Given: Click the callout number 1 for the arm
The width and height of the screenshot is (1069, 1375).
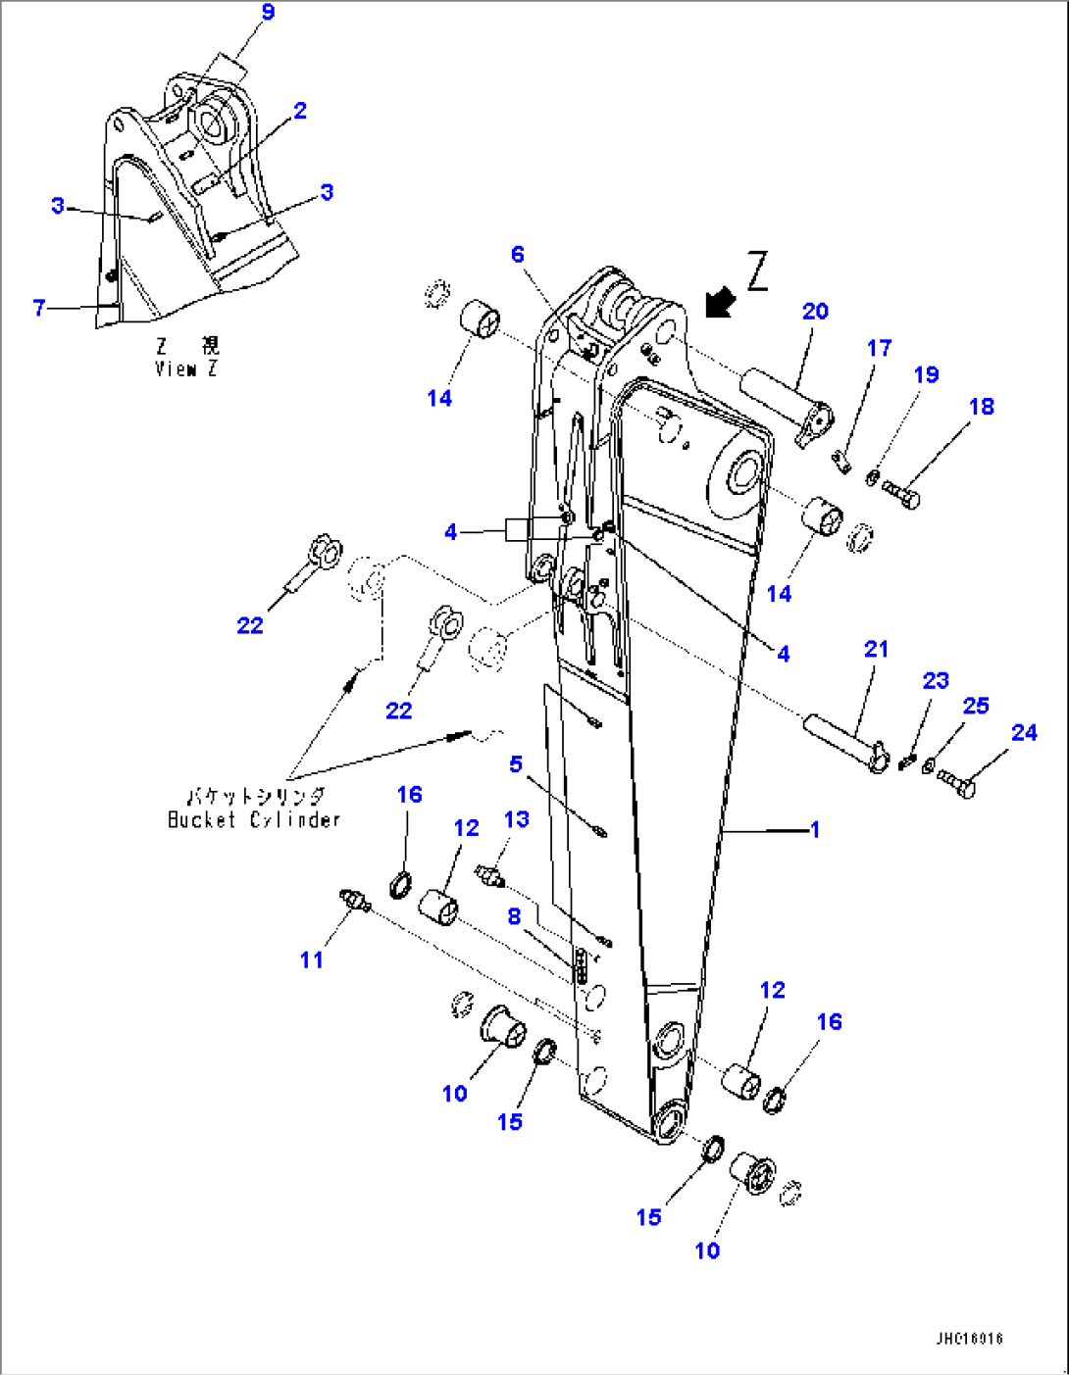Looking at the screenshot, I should point(814,830).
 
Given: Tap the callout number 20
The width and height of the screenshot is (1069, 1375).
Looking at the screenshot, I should point(815,312).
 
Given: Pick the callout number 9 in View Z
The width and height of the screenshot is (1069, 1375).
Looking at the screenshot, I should point(268,13).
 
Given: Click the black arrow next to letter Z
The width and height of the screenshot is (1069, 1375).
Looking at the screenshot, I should point(721,302).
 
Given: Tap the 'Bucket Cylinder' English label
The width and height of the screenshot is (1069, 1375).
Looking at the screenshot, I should point(254,820).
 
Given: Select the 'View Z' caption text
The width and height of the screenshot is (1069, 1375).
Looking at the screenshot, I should point(186,369).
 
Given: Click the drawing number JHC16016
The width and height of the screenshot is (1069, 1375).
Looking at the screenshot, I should point(969,1339).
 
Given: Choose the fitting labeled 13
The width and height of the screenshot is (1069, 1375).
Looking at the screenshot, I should point(488,874).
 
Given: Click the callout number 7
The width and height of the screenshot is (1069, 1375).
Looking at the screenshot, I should point(39,308).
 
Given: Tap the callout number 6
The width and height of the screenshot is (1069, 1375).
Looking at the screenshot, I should point(518,255).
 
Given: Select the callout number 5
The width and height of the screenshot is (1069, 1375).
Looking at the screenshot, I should point(516,763).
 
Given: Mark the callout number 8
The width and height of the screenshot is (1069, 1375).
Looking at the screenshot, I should point(514,916).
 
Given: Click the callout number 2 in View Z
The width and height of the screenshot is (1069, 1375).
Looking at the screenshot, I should point(300,111).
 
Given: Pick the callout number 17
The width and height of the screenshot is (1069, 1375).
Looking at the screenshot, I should point(879,348).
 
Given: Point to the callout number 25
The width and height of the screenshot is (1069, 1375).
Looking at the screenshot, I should point(976,706).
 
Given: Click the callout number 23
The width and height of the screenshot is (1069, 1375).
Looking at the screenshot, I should point(936,680).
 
